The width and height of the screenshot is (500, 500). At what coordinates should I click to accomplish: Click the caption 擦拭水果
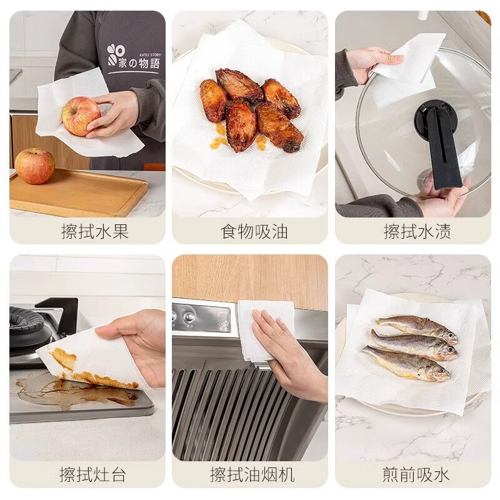pyautogui.click(x=95, y=232)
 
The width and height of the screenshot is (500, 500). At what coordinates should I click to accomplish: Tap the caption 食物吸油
pyautogui.click(x=254, y=232)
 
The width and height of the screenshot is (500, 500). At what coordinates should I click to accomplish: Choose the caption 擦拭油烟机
pyautogui.click(x=252, y=474)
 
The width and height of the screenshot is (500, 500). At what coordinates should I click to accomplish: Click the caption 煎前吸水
pyautogui.click(x=416, y=474)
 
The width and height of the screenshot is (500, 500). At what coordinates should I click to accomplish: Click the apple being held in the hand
pyautogui.click(x=80, y=116)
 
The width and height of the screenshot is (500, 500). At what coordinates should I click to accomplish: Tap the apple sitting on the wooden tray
pyautogui.click(x=34, y=166)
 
